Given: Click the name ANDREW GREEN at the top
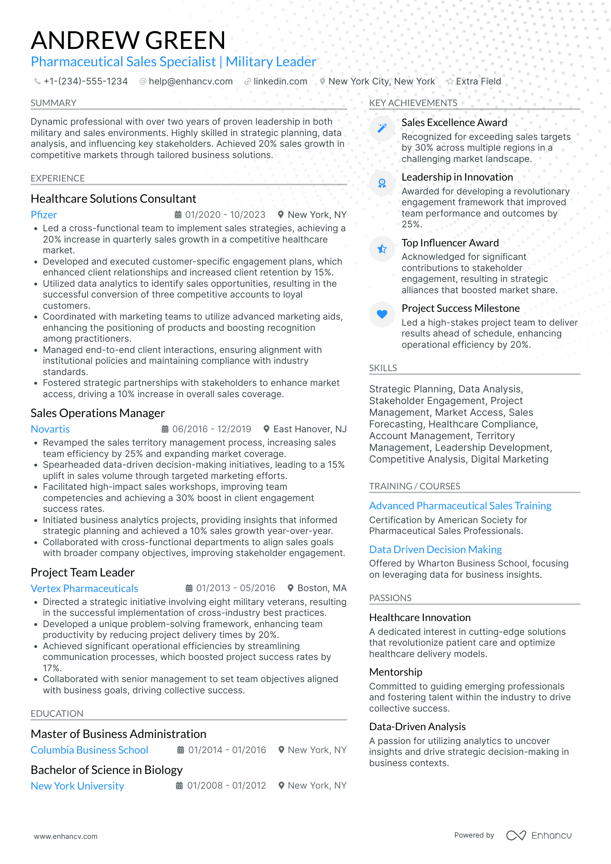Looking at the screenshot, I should click(128, 40).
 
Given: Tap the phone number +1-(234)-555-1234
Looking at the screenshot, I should click(85, 81).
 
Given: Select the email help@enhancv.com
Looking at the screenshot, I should click(190, 81).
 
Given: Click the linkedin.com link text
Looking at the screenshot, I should click(280, 81).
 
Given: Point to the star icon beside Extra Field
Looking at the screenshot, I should click(450, 81).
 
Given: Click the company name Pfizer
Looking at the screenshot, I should click(44, 215).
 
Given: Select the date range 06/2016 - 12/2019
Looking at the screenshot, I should click(211, 429).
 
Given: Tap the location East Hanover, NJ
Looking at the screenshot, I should click(309, 429).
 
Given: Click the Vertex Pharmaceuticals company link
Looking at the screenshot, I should click(84, 589).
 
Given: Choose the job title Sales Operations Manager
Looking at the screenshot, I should click(97, 413).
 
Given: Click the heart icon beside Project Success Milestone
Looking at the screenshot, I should click(382, 314).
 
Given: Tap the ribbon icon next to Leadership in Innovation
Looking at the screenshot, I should click(382, 183).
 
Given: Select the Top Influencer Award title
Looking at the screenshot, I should click(450, 243).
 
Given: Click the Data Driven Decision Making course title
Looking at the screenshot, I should click(435, 550).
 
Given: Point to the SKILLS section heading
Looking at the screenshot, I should click(383, 368).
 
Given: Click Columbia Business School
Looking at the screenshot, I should click(89, 750).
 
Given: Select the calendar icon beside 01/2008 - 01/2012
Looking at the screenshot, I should click(179, 786).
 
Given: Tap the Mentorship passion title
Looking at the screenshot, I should click(395, 672).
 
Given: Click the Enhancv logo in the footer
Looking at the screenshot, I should click(539, 835).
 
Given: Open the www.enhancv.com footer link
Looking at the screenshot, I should click(66, 836).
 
